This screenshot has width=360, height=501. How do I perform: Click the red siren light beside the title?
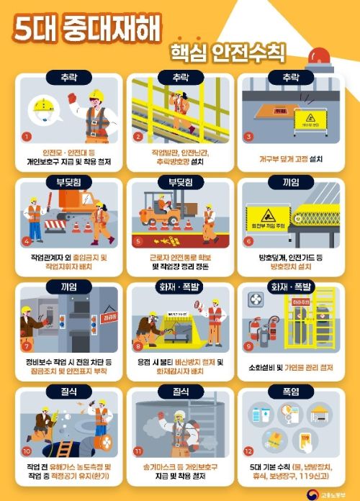click(318, 57)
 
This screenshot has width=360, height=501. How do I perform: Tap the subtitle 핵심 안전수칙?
click(227, 53)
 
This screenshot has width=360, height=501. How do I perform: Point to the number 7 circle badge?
click(27, 346)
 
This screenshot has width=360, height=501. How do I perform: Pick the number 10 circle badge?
click(27, 452)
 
